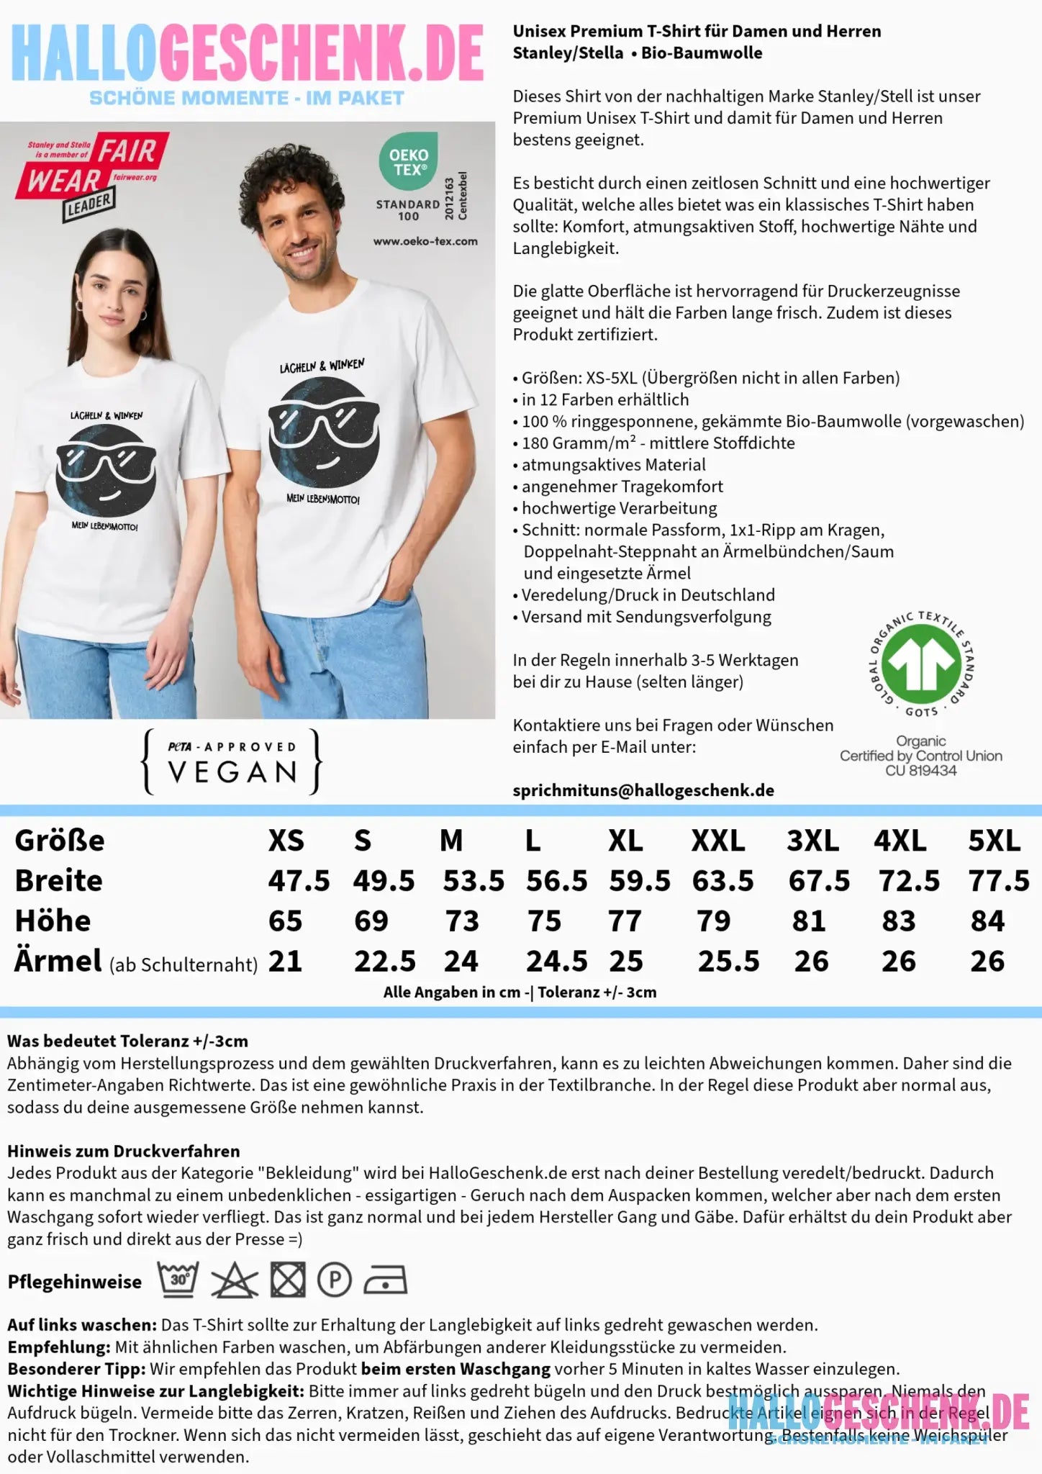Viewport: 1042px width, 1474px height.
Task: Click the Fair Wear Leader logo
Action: point(92,176)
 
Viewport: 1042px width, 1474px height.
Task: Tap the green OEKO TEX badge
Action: point(408,161)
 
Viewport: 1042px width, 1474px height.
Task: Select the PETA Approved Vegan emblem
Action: point(232,761)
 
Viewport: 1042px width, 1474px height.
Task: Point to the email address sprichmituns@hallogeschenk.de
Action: point(643,790)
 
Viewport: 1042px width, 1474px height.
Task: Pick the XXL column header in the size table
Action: point(717,841)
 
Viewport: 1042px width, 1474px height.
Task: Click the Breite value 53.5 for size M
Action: point(474,881)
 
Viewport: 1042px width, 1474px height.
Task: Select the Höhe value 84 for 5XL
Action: point(987,921)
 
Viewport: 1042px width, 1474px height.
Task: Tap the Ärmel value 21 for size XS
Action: point(285,962)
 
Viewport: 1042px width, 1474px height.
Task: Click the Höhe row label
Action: point(53,921)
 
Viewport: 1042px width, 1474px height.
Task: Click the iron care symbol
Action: point(385,1281)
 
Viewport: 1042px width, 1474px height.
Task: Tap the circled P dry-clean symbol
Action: point(335,1281)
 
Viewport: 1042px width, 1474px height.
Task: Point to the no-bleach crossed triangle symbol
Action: point(234,1281)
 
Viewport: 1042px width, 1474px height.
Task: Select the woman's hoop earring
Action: point(142,315)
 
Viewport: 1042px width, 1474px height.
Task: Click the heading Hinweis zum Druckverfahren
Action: point(123,1151)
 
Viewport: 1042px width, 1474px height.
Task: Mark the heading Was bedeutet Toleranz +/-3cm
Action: point(127,1041)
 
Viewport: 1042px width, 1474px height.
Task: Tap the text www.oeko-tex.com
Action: point(425,242)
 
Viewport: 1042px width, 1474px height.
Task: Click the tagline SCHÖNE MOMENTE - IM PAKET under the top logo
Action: point(246,99)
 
